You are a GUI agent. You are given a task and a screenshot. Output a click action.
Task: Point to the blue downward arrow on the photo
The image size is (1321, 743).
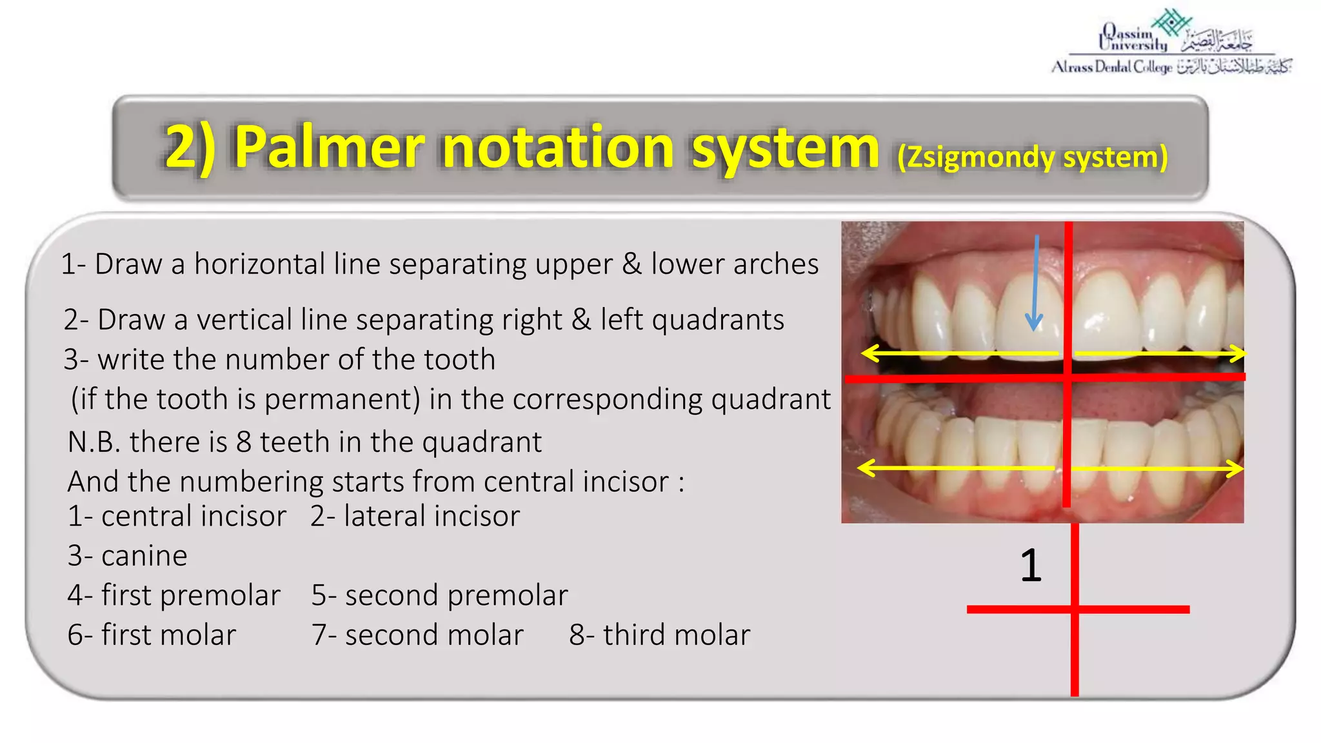pyautogui.click(x=1035, y=284)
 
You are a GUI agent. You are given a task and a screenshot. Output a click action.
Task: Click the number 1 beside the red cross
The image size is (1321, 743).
pyautogui.click(x=1031, y=566)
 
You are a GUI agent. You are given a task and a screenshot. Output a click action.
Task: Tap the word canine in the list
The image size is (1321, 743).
pyautogui.click(x=144, y=556)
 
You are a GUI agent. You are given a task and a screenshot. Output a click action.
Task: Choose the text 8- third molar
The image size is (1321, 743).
pyautogui.click(x=659, y=635)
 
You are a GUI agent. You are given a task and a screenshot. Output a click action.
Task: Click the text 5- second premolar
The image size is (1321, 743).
pyautogui.click(x=439, y=595)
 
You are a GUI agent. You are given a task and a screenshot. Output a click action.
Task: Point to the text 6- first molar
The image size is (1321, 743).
pyautogui.click(x=152, y=635)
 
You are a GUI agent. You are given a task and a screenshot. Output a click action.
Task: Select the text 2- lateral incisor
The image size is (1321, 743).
pyautogui.click(x=415, y=516)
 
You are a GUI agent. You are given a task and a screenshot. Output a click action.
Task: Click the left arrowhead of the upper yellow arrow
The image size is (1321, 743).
pyautogui.click(x=866, y=353)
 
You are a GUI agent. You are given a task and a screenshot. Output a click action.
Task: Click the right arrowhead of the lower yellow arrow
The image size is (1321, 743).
pyautogui.click(x=1238, y=468)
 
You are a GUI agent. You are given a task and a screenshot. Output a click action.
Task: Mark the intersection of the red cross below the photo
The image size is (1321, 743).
pyautogui.click(x=1075, y=609)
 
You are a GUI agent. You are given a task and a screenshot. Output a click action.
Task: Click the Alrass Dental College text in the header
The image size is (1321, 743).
pyautogui.click(x=1111, y=67)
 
